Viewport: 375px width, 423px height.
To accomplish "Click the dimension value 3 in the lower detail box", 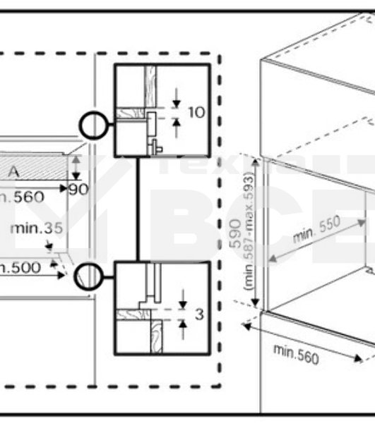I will click(199, 314).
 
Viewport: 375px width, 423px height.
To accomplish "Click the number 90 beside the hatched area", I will click(79, 189).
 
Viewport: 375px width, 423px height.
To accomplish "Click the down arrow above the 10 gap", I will click(176, 99).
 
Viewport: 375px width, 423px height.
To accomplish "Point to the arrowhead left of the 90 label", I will click(64, 189).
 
